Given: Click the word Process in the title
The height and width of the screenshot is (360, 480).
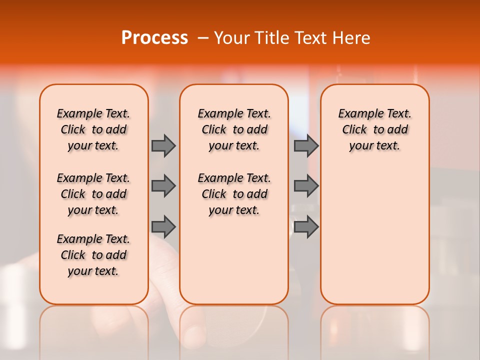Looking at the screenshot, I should click(154, 38).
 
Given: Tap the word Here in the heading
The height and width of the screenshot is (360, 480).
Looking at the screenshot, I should click(351, 38).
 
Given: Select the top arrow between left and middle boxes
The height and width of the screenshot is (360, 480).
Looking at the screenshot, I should click(163, 145).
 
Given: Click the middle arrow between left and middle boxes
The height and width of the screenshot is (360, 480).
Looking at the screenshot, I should click(163, 186).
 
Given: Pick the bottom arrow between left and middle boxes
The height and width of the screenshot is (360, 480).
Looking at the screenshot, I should click(163, 226).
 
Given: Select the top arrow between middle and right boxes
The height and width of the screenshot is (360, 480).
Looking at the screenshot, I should click(306, 145).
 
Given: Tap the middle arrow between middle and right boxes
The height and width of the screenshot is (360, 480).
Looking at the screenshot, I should click(306, 186).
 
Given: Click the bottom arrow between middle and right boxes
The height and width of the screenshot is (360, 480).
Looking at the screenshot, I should click(306, 226).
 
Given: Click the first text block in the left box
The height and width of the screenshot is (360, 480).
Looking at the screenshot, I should click(93, 129).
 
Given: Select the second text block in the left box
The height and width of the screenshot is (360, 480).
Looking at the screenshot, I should click(93, 194).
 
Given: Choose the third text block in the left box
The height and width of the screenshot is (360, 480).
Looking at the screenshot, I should click(93, 255).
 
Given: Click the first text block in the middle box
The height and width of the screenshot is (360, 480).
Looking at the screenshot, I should click(234, 129).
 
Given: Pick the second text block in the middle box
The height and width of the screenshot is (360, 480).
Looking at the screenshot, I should click(234, 194).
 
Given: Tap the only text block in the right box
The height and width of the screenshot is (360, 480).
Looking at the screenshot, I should click(374, 129).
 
